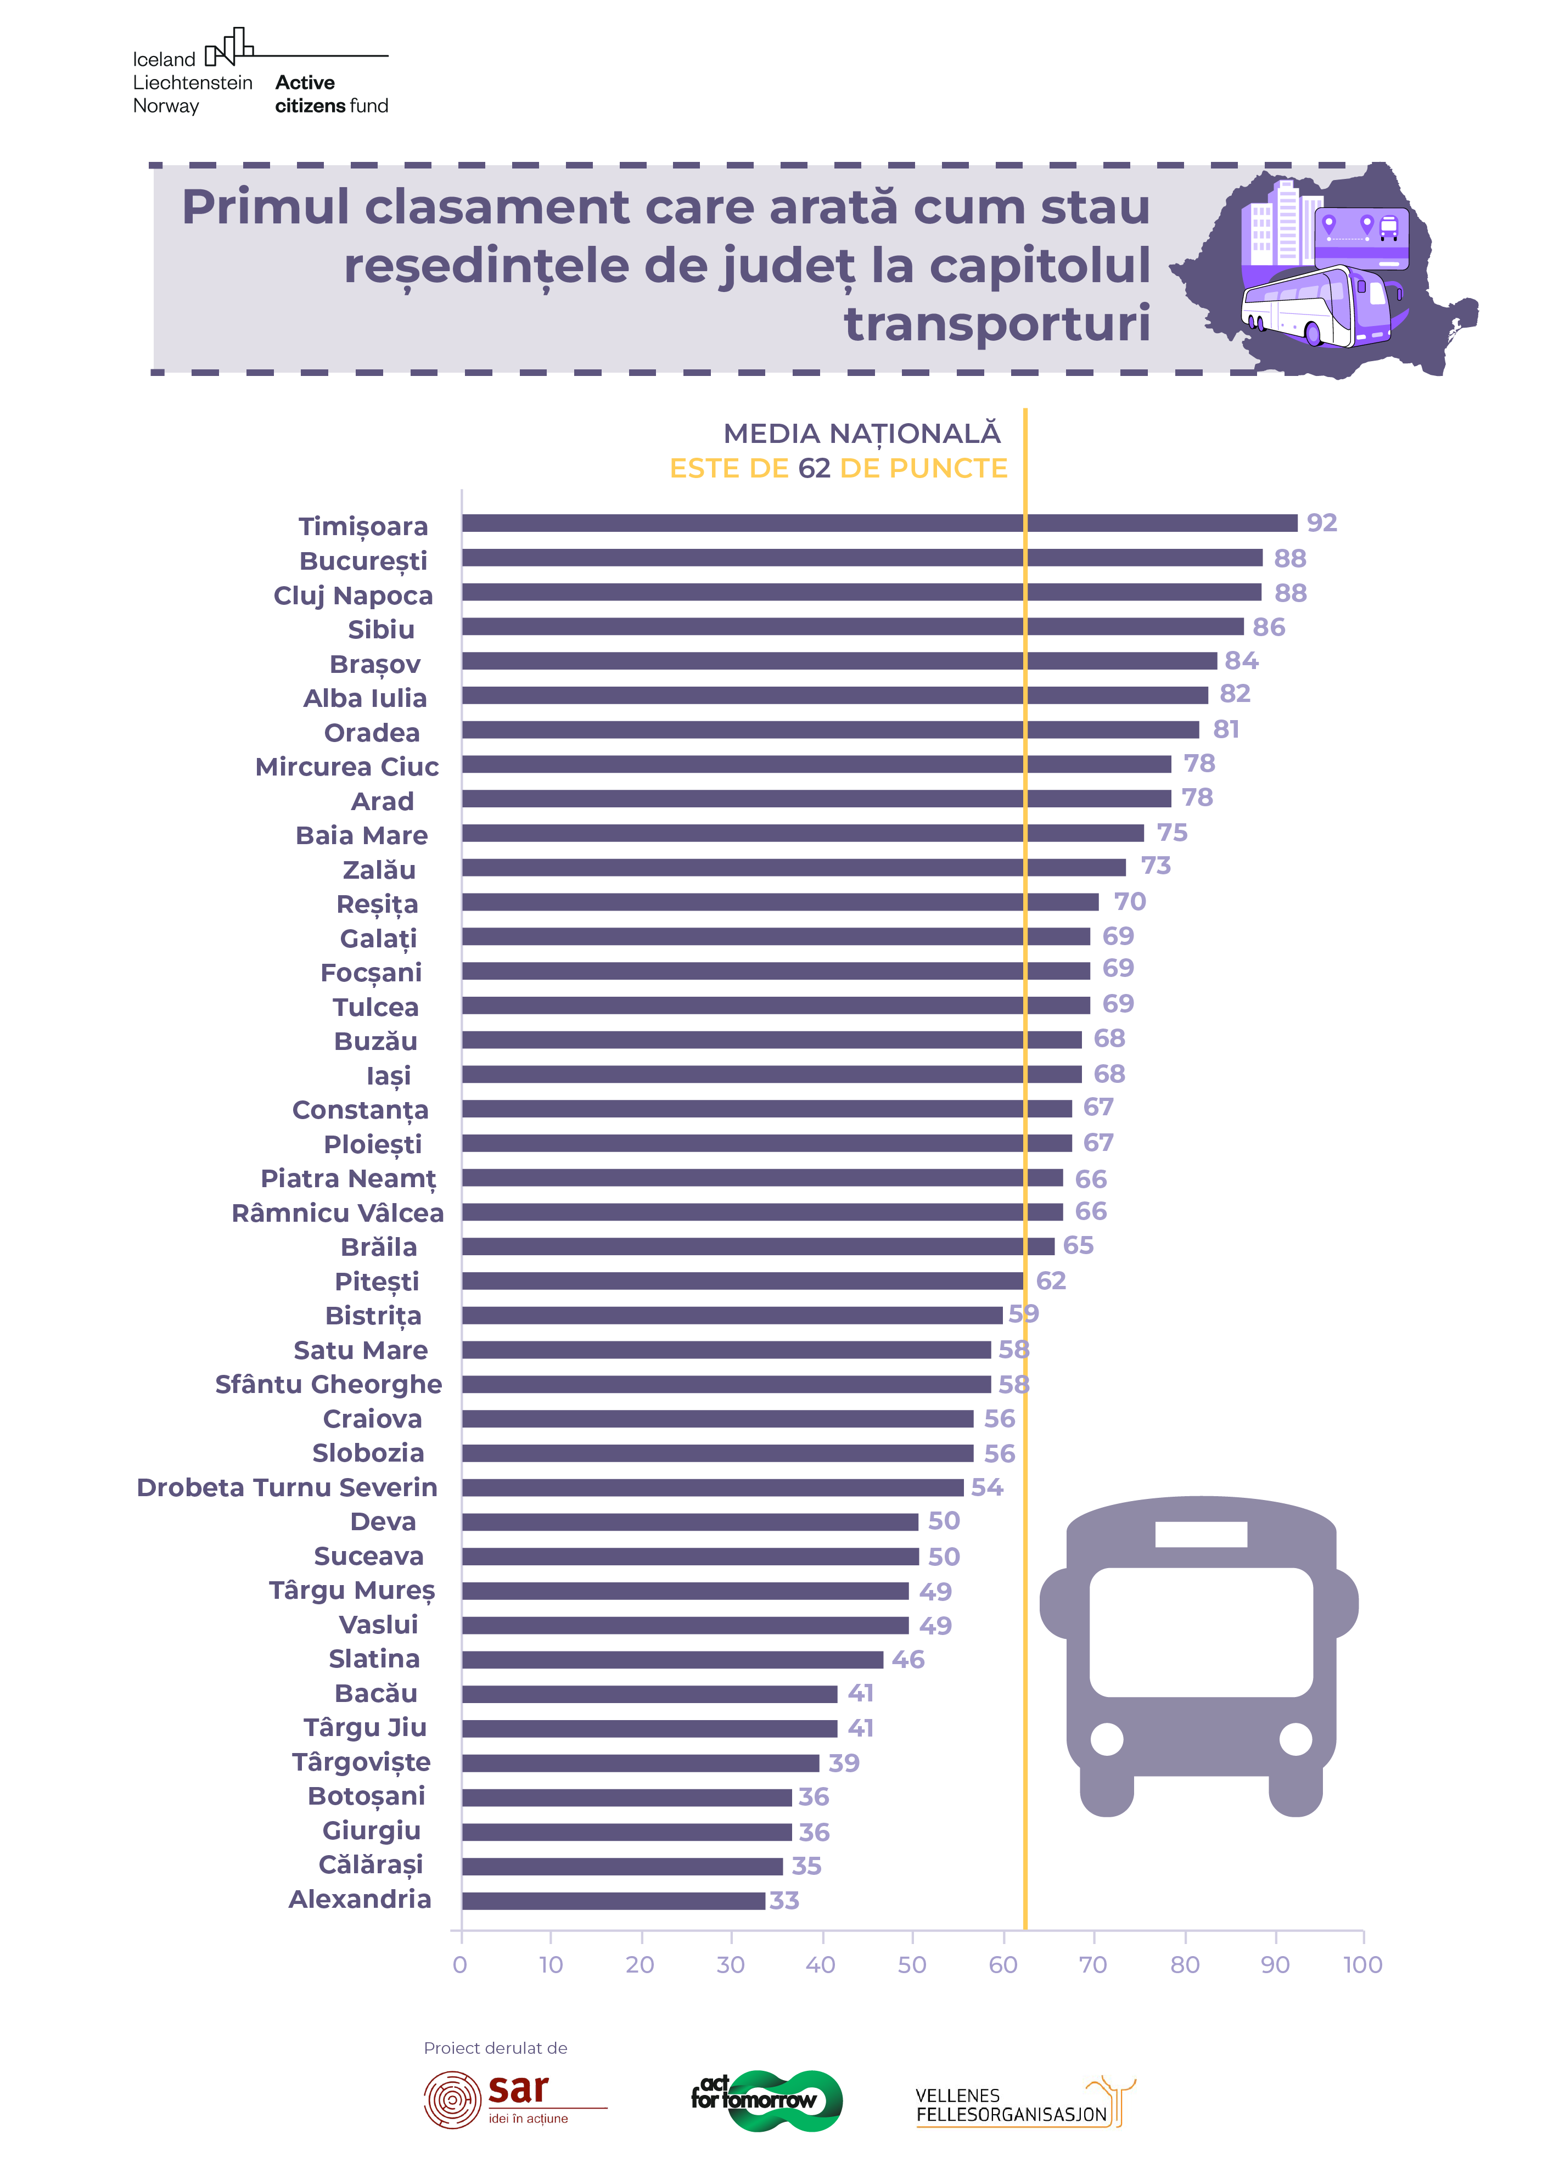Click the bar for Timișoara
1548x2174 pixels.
(x=879, y=523)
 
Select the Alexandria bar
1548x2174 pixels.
(x=613, y=1900)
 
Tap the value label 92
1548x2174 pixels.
(x=1321, y=523)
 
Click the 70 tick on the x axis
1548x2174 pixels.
(x=1093, y=1964)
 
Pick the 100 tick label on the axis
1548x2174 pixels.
(x=1362, y=1964)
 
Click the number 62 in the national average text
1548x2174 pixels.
(x=814, y=468)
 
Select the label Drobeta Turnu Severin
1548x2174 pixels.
(x=287, y=1487)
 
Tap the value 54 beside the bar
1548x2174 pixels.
(x=986, y=1487)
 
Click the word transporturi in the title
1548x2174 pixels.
(x=997, y=323)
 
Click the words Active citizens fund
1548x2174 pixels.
(x=331, y=93)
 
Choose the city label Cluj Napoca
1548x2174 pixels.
(x=352, y=596)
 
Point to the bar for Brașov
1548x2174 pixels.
(x=839, y=660)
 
